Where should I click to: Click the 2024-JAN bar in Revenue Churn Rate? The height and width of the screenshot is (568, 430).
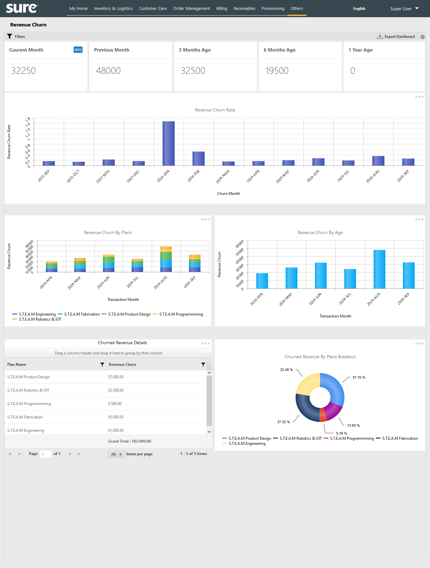(168, 143)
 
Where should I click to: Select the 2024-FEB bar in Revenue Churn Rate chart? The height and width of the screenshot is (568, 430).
(198, 159)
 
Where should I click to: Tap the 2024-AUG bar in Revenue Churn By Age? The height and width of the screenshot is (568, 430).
(379, 269)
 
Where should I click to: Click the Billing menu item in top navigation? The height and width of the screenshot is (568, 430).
(222, 9)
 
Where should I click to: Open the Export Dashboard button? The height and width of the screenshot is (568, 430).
(396, 37)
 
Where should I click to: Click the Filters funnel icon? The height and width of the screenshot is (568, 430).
(10, 36)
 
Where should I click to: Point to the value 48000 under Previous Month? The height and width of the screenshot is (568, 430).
(108, 71)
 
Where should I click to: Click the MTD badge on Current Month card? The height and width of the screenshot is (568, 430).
(78, 50)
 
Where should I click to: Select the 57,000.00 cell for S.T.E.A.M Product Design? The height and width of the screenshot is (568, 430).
(116, 377)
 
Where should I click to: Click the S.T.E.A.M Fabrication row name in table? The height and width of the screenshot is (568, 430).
(25, 417)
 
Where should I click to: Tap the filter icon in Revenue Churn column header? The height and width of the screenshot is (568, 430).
(203, 365)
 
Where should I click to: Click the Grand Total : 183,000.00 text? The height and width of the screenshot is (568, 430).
(129, 441)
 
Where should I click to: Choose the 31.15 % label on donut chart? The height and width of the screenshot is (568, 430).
(359, 377)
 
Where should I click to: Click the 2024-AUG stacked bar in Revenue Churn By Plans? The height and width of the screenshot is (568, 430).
(166, 259)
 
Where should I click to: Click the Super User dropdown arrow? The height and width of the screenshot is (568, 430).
(417, 8)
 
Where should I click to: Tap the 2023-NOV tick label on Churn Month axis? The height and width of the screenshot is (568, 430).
(103, 176)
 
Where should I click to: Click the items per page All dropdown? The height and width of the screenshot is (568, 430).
(116, 454)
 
